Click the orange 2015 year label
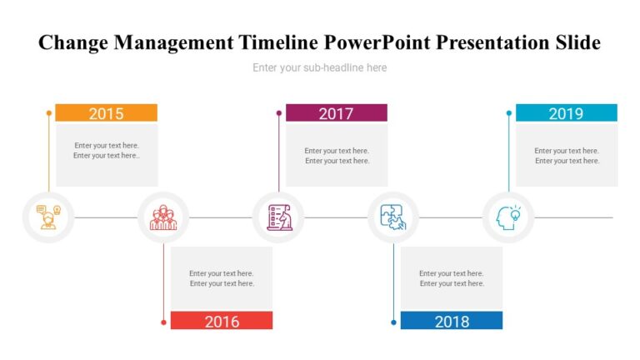[x=106, y=113]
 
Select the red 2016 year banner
[x=221, y=321]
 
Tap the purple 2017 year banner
[x=336, y=113]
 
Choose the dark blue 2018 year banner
[x=451, y=321]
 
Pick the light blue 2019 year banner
[x=566, y=113]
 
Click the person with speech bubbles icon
[x=47, y=217]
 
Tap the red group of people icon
[x=162, y=217]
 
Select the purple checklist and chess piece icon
[x=278, y=217]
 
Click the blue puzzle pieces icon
[x=393, y=217]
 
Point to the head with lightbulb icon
[x=508, y=217]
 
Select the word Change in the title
[x=73, y=42]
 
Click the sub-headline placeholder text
[x=319, y=67]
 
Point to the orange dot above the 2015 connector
[x=49, y=112]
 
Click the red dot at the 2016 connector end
[x=164, y=322]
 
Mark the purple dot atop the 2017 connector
[x=279, y=112]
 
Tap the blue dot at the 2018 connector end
[x=394, y=322]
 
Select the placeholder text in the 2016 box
[x=221, y=278]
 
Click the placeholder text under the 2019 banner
[x=566, y=156]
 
